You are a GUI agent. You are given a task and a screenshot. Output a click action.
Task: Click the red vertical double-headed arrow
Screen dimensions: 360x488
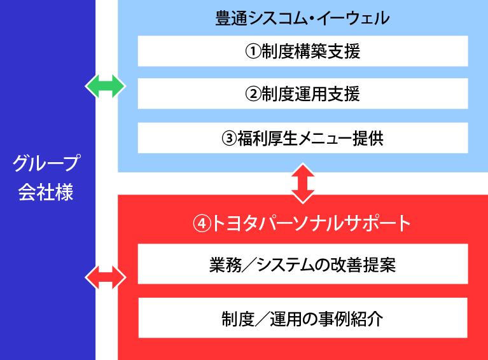(303, 183)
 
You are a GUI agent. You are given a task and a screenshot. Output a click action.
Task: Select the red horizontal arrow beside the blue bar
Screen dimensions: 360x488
(106, 277)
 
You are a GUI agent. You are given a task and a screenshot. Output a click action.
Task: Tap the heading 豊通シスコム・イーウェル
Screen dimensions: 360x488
(303, 18)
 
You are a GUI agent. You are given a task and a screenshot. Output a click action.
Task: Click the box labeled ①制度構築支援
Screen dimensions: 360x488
(303, 52)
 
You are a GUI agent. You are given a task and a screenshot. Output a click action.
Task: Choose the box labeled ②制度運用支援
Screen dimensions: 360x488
(303, 94)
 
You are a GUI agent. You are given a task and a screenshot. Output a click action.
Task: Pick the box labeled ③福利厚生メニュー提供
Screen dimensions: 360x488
(303, 138)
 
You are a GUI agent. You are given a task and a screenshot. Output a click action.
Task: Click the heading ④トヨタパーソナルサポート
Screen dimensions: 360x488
(303, 223)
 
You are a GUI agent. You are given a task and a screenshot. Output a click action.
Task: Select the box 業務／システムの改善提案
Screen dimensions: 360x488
(303, 264)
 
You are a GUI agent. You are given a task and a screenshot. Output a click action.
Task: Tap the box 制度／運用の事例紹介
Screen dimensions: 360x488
(303, 318)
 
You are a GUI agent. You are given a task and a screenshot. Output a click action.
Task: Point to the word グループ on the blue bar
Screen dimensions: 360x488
(47, 164)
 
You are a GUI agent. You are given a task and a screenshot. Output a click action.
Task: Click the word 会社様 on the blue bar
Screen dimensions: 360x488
(47, 191)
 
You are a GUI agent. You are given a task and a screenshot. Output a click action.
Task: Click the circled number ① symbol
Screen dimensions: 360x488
(253, 52)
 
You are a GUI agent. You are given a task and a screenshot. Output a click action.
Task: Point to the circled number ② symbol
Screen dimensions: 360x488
(253, 94)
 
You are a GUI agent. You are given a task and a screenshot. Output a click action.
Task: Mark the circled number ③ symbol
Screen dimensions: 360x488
(230, 138)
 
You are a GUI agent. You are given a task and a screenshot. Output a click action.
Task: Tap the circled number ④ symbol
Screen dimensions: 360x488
(202, 223)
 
